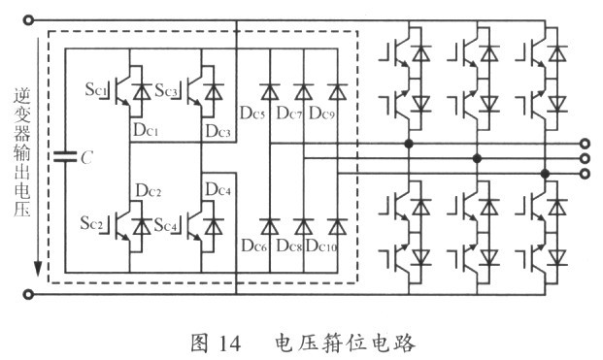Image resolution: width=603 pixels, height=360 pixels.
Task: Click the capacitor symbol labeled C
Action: point(65,156)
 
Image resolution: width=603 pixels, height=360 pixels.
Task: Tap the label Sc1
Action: point(96,89)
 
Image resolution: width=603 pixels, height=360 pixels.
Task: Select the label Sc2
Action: point(91,223)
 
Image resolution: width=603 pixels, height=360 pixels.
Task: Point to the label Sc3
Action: point(166,90)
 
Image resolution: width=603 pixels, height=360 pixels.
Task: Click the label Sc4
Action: point(165,225)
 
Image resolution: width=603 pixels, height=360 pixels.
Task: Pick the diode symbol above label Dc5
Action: point(270,92)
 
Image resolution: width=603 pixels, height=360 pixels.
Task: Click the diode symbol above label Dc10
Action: point(337,226)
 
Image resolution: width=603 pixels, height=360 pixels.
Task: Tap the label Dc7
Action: point(289,114)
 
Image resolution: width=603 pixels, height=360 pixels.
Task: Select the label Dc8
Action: point(289,245)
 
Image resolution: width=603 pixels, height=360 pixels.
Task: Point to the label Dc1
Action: point(146,130)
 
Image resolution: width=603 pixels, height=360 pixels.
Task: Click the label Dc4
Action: point(218,189)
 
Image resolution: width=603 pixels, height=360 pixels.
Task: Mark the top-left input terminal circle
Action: point(28,20)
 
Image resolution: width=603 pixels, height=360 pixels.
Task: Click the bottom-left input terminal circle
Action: point(28,295)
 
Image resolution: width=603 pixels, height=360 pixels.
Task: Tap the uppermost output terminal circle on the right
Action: point(585,144)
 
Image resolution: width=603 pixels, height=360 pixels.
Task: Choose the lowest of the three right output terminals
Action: point(585,174)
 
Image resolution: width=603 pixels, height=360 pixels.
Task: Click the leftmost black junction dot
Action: point(409,144)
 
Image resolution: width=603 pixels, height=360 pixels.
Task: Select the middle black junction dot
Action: point(477,158)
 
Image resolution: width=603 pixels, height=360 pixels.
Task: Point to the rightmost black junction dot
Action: point(545,174)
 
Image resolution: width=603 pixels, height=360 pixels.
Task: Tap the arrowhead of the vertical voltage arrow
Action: point(38,268)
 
